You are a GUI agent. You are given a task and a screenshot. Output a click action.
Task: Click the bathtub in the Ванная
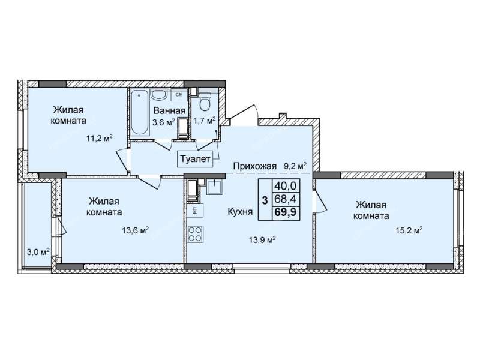tap(140, 113)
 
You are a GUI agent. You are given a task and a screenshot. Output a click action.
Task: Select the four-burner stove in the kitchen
tap(195, 234)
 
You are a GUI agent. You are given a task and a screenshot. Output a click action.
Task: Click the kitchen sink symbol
tap(215, 187)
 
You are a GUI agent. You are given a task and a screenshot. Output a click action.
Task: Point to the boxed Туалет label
tap(195, 159)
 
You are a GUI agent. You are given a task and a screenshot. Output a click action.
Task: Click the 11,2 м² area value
tap(100, 139)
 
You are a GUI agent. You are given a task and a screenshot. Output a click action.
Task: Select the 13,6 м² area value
tap(136, 230)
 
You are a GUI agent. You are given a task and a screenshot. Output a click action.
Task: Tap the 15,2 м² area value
tap(409, 230)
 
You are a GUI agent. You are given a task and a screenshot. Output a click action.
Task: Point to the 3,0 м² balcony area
tap(38, 252)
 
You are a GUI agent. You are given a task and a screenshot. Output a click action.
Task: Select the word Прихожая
tap(254, 166)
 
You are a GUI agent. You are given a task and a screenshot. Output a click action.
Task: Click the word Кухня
tap(241, 212)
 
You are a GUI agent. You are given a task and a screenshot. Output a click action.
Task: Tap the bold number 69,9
tap(286, 212)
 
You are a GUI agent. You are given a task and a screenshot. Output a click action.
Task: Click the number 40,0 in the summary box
tap(286, 185)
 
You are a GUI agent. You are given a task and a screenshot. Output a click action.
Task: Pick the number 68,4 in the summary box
tap(286, 199)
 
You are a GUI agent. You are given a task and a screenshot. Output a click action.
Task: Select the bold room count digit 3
tap(265, 200)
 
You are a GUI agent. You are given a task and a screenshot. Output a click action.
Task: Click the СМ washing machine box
tap(179, 95)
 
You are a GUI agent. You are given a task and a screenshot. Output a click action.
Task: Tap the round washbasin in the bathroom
tap(158, 95)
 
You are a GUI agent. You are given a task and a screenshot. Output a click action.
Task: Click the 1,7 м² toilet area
tap(205, 121)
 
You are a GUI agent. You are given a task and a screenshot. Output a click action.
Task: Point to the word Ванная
tap(169, 110)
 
